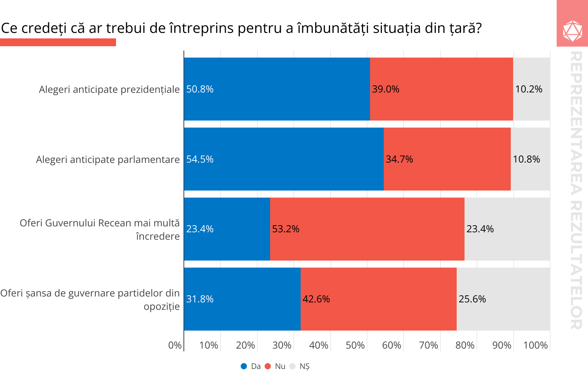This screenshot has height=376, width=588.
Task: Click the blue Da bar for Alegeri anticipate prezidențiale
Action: (x=277, y=89)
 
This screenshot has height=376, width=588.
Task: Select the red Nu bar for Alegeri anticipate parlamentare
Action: (x=447, y=159)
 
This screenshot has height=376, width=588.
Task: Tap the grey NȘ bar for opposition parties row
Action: (x=503, y=299)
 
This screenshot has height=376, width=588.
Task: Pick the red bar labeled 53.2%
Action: (x=367, y=229)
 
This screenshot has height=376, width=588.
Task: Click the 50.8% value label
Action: (x=200, y=89)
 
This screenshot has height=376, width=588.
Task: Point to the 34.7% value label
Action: (x=399, y=159)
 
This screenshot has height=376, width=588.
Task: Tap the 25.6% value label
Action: (x=472, y=299)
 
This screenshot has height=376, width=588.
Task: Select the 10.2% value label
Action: (x=529, y=89)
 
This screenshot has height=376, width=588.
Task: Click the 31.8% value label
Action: (x=200, y=299)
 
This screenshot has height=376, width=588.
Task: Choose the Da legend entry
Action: (x=251, y=366)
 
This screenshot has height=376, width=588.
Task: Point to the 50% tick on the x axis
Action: (x=355, y=345)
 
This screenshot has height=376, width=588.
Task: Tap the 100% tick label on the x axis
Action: (x=535, y=345)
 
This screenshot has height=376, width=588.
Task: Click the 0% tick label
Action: (x=175, y=345)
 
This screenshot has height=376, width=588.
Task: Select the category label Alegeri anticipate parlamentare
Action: (x=108, y=159)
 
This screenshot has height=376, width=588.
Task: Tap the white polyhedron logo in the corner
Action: (x=572, y=31)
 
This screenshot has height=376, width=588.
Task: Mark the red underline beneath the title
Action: (x=58, y=42)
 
